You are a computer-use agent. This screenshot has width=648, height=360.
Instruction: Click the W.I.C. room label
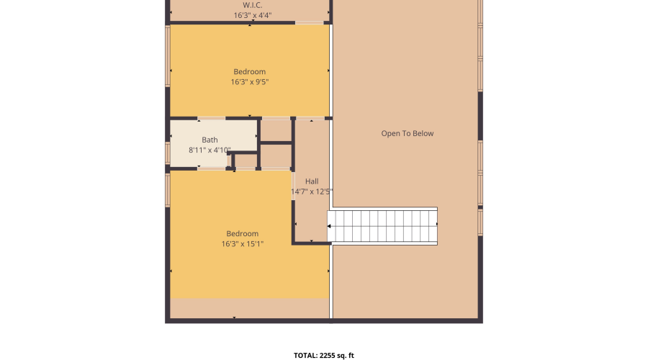pyautogui.click(x=252, y=4)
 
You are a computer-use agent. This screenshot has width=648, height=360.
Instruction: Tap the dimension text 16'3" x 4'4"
pyautogui.click(x=252, y=15)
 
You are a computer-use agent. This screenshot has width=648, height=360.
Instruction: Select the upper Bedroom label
pyautogui.click(x=249, y=71)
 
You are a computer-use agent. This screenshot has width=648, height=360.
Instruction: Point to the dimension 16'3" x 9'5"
pyautogui.click(x=249, y=82)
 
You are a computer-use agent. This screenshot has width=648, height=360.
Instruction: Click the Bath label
pyautogui.click(x=210, y=140)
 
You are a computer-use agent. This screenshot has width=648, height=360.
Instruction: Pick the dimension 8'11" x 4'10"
pyautogui.click(x=210, y=150)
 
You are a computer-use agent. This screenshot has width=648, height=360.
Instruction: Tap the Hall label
pyautogui.click(x=312, y=181)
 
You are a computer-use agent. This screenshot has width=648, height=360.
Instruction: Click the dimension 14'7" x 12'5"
pyautogui.click(x=312, y=192)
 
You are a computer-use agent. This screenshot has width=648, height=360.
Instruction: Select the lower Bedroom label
pyautogui.click(x=242, y=233)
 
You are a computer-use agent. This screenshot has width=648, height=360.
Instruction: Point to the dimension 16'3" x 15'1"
pyautogui.click(x=242, y=244)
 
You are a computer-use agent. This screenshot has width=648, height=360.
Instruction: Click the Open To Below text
pyautogui.click(x=408, y=133)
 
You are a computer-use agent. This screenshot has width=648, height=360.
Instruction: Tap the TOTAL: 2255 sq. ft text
pyautogui.click(x=323, y=355)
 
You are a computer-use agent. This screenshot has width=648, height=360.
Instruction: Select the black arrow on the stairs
pyautogui.click(x=329, y=226)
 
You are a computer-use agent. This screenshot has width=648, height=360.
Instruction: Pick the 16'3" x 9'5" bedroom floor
pyautogui.click(x=216, y=97)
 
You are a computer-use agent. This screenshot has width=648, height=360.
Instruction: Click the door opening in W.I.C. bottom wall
pyautogui.click(x=309, y=23)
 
